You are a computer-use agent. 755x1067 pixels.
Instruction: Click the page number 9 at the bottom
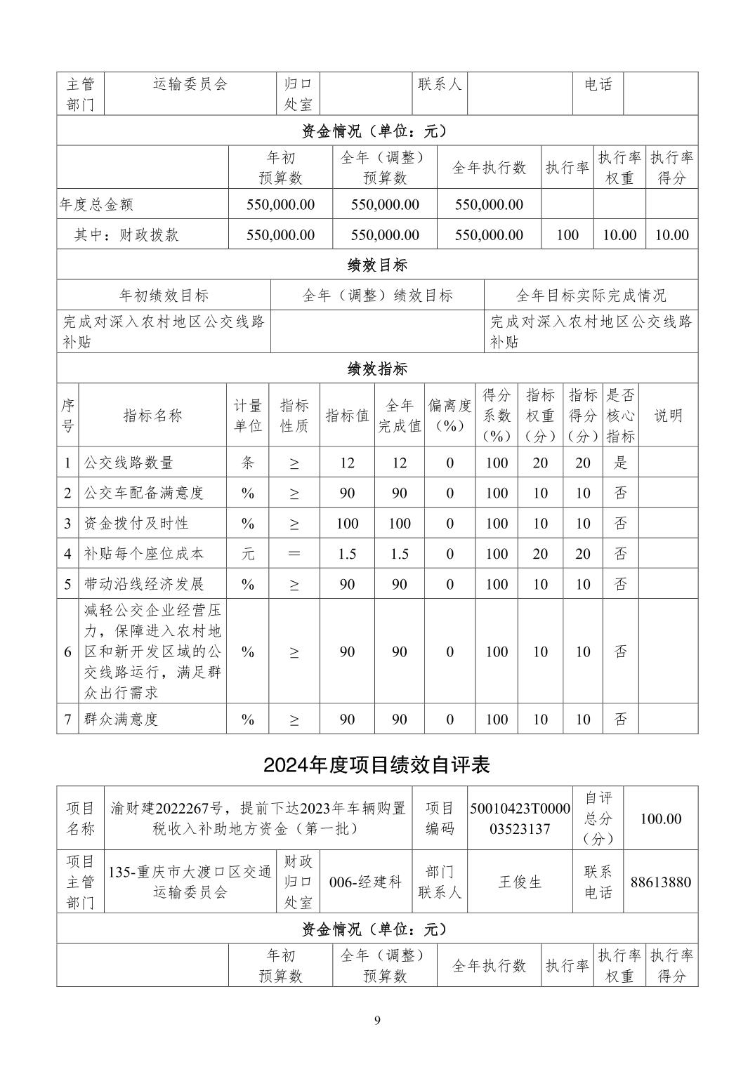[377, 1020]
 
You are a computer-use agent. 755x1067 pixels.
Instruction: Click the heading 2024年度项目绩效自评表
[376, 764]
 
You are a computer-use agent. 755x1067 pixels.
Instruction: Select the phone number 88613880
[660, 882]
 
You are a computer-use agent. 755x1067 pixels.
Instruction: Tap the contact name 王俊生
[520, 882]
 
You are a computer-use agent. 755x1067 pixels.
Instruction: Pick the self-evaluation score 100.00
[660, 819]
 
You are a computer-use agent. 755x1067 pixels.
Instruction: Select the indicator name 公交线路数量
[129, 463]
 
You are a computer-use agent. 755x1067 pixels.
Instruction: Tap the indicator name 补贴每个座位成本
[144, 554]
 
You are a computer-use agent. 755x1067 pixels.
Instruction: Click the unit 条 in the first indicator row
[248, 463]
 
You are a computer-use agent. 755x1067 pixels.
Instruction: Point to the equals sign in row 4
[294, 554]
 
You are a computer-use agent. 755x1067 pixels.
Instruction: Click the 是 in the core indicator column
[620, 463]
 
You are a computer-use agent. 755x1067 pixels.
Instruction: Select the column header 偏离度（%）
[449, 415]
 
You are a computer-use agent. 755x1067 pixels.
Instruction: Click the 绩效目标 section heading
[377, 265]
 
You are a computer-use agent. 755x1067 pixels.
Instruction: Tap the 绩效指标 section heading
[377, 369]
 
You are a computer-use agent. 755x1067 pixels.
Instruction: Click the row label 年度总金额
[96, 204]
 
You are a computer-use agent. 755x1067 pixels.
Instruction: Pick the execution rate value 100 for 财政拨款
[567, 235]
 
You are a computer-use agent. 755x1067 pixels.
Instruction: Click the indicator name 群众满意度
[121, 719]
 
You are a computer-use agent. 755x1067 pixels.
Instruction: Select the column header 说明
[668, 415]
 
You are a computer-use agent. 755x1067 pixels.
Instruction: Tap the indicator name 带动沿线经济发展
[144, 584]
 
